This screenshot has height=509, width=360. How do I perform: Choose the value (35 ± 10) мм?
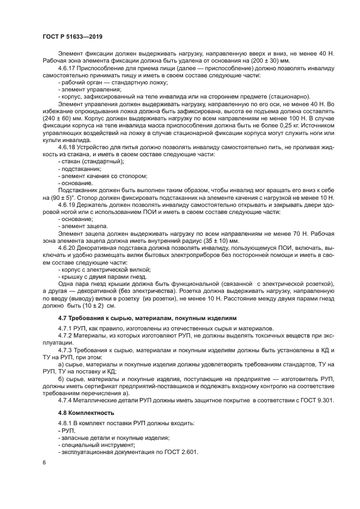click(219, 240)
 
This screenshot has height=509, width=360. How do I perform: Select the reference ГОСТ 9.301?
click(316, 401)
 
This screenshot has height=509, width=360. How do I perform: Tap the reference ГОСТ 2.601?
click(179, 452)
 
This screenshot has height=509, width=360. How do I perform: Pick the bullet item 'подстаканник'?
click(81, 169)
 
